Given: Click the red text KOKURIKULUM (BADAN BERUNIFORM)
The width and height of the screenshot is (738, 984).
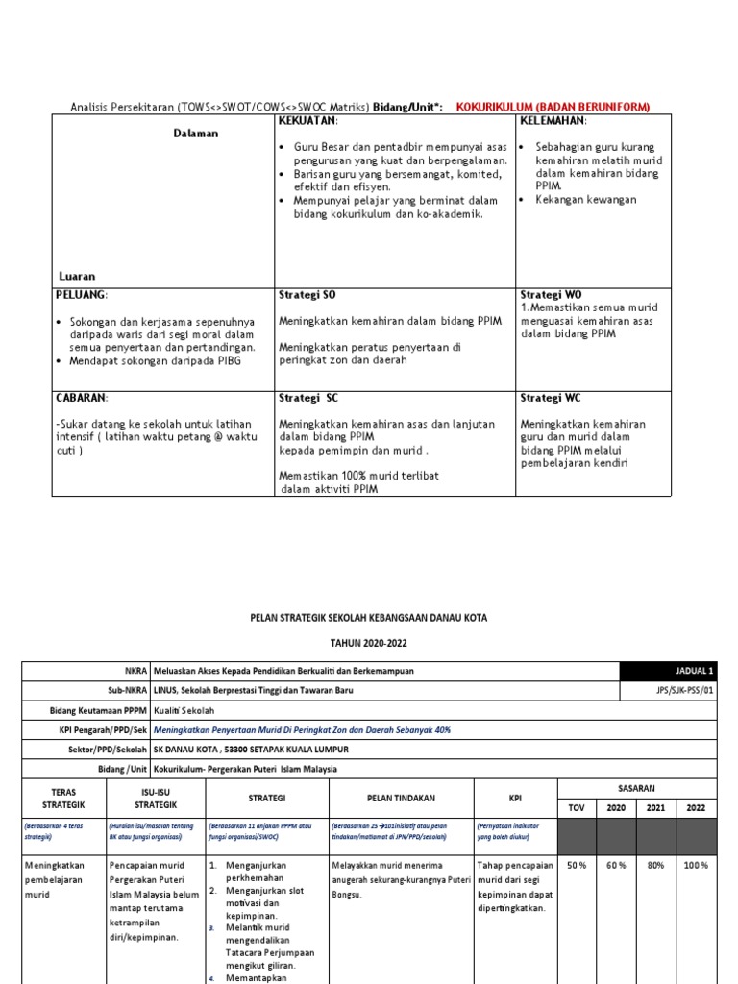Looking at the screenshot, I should (x=553, y=106).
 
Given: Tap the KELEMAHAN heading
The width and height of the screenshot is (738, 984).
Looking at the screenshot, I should (x=553, y=121).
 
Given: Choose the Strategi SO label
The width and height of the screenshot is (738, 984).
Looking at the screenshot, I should (x=307, y=294).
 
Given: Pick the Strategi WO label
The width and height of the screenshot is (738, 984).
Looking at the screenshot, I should (x=551, y=294).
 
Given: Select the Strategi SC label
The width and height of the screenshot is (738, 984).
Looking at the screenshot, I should (x=308, y=398).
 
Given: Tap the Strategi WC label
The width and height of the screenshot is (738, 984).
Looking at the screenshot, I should (x=551, y=398).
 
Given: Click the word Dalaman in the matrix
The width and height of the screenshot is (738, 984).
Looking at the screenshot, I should (x=196, y=134).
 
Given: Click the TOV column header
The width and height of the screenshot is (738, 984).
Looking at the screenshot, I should (x=577, y=809).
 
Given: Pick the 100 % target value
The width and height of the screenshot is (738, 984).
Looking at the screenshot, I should (x=695, y=866).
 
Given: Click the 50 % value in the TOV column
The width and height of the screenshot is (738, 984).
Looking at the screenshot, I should (x=577, y=866).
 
